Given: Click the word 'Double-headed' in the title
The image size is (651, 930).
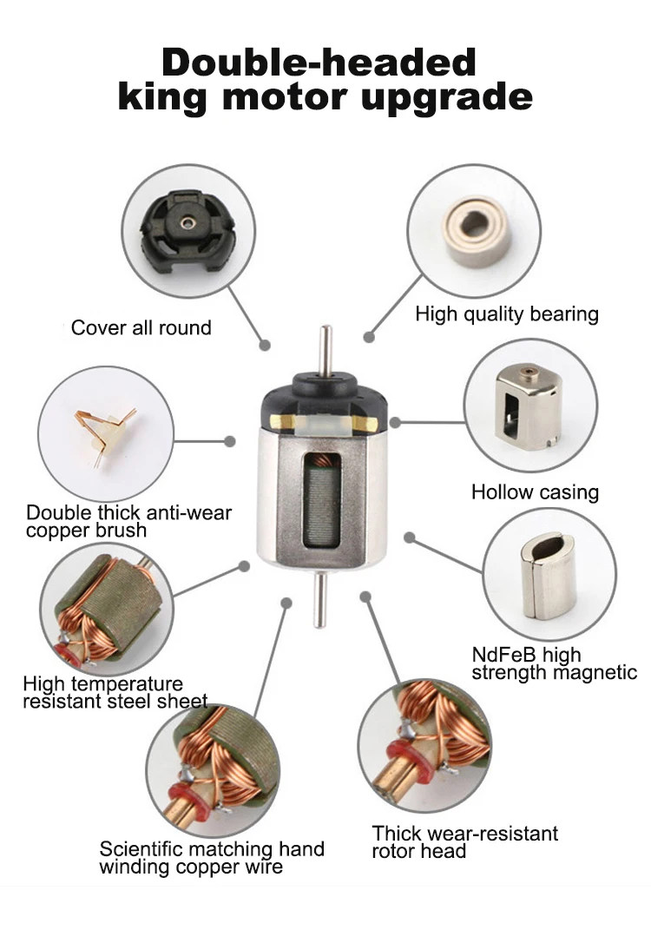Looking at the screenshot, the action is (319, 62).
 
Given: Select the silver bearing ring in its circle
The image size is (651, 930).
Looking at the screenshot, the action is (477, 231).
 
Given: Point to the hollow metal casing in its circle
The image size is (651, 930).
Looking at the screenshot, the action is (528, 406).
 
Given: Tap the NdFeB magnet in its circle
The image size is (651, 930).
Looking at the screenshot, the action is (549, 576).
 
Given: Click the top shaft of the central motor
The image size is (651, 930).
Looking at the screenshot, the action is (325, 350).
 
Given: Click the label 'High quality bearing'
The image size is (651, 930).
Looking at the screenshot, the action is (507, 314).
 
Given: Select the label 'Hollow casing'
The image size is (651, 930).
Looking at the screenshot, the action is (535, 492).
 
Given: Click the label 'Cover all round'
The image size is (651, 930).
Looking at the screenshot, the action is (141, 327).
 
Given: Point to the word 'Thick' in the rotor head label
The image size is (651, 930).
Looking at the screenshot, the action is (396, 834).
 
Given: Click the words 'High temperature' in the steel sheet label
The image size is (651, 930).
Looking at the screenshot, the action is (102, 684).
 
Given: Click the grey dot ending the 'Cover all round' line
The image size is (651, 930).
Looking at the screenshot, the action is (265, 345).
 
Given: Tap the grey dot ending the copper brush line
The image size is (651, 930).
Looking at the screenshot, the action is (230, 441).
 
